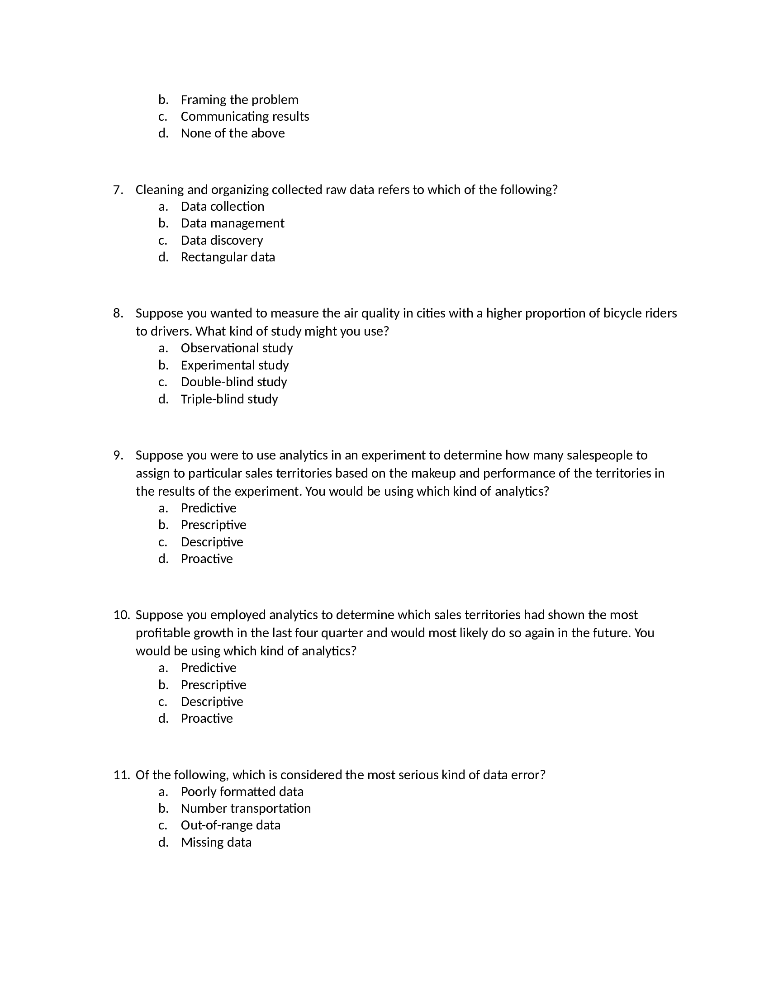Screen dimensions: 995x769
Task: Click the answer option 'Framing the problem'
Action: point(239,99)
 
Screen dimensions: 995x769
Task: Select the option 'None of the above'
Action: point(233,133)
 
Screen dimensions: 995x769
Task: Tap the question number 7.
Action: point(118,190)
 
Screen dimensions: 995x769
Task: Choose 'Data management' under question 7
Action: point(233,223)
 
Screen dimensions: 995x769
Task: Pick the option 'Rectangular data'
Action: point(228,257)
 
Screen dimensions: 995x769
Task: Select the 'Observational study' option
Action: point(237,348)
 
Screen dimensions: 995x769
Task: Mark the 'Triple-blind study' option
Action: point(229,398)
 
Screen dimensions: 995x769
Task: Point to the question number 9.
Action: point(118,455)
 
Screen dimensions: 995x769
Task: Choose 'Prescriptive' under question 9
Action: point(213,524)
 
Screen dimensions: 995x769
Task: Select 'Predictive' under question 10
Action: point(208,668)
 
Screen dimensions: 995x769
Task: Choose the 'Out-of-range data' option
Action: point(231,825)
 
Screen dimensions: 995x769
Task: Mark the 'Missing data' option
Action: point(216,842)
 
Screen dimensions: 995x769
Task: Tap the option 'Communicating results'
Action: point(245,116)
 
